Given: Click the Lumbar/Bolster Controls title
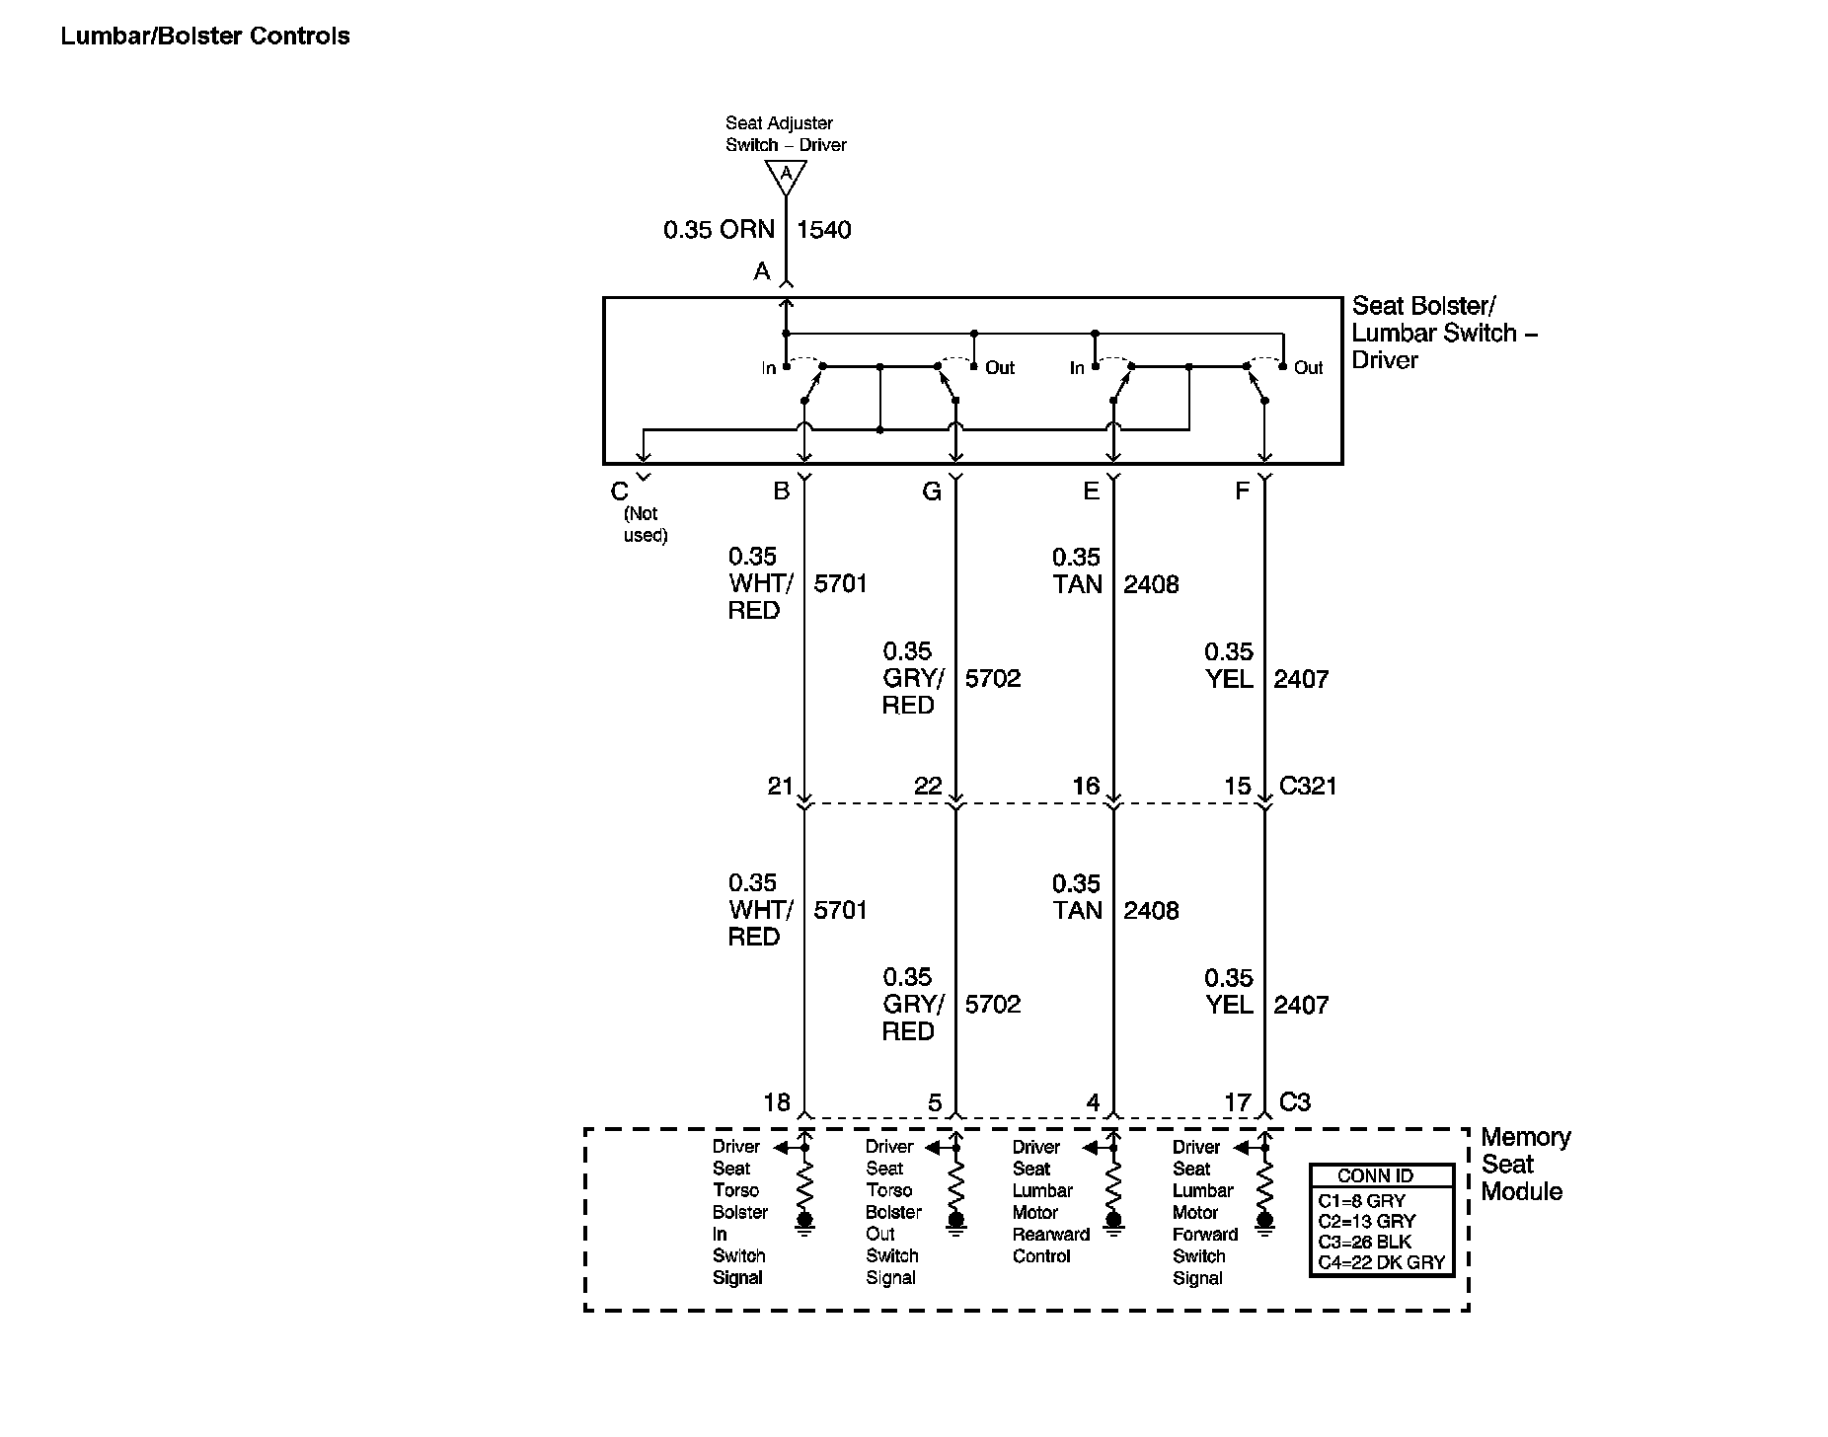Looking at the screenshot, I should click(205, 37).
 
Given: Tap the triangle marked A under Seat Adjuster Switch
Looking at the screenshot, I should click(786, 176).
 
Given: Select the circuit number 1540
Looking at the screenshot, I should click(823, 230).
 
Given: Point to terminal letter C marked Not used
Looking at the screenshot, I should click(620, 492).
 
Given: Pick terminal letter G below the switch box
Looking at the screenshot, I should click(932, 492).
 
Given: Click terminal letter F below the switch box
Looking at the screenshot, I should click(1242, 492).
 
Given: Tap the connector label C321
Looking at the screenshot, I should click(1308, 786).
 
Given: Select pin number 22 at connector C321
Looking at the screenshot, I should click(928, 786).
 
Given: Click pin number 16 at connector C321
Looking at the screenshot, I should click(1086, 786).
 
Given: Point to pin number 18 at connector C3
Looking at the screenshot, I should click(777, 1102).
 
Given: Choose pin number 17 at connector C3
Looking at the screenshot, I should click(1238, 1102).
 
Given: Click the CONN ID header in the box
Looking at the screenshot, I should click(1375, 1175).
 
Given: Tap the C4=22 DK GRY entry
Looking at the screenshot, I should click(1381, 1262).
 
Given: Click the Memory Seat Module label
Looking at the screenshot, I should click(1525, 1165).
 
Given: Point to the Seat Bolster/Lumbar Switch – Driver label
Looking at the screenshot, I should click(1443, 334).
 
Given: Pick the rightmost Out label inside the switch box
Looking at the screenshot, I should click(1308, 368).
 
